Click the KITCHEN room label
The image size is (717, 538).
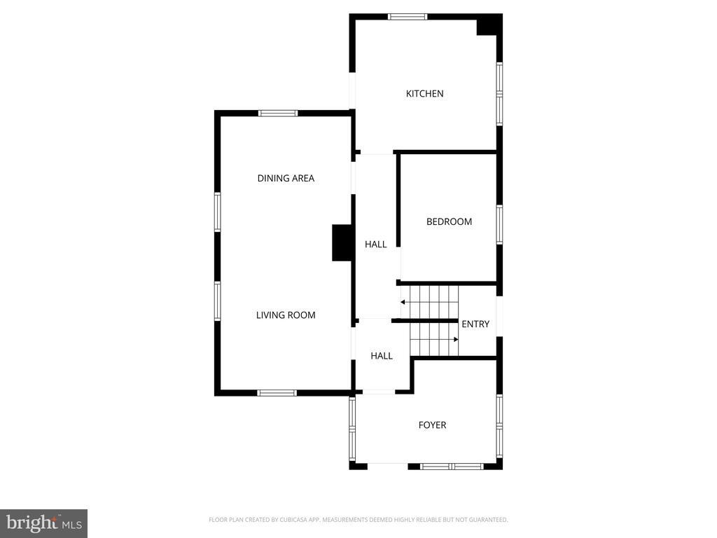tap(424, 94)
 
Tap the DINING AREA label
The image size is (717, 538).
tap(286, 179)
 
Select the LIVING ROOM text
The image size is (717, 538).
tap(286, 315)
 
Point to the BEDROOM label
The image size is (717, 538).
tap(449, 222)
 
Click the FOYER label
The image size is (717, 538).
tap(432, 425)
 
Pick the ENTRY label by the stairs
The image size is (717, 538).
tap(475, 324)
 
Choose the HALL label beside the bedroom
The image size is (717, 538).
tap(376, 244)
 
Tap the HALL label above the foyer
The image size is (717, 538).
tap(382, 356)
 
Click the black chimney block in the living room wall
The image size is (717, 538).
tap(342, 243)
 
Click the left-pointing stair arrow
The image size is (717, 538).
tap(404, 302)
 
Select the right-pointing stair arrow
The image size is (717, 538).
tap(455, 339)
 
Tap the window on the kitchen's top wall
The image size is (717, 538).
tap(408, 16)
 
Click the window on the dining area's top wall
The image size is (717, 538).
tap(278, 113)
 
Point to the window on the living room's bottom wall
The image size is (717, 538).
tap(277, 393)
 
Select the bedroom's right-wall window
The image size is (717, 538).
tap(499, 224)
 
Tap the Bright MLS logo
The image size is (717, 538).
tap(43, 523)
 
